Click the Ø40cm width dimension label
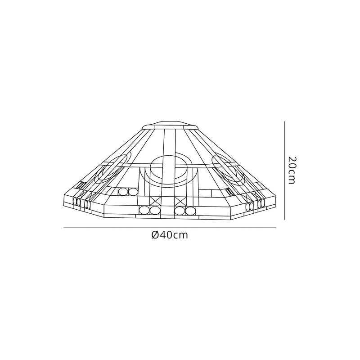coord(170,235)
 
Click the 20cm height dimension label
coord(291,171)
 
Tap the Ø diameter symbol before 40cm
coord(155,235)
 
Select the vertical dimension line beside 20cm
coord(284,171)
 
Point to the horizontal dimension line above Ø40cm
coord(169,229)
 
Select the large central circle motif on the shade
coord(170,166)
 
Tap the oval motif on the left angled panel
coord(115,167)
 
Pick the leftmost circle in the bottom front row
coord(144,210)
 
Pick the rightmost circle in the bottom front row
coord(191,210)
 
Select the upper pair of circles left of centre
coord(127,192)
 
